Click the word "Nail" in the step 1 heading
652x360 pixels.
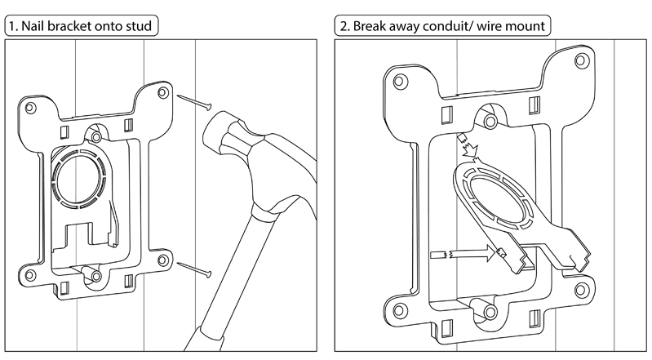(33, 26)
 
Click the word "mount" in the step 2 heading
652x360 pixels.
(526, 27)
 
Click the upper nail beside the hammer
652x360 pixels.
(194, 102)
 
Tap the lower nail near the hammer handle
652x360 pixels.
(194, 269)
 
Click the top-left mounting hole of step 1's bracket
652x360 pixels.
(30, 109)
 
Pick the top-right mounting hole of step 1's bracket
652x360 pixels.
(163, 92)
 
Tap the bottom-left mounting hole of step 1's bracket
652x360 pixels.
(30, 275)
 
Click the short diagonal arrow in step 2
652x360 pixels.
(468, 144)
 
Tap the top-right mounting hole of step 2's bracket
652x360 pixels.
(582, 61)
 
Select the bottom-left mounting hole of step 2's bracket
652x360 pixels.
(400, 310)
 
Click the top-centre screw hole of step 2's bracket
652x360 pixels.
(490, 122)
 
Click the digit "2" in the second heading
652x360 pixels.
(344, 27)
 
